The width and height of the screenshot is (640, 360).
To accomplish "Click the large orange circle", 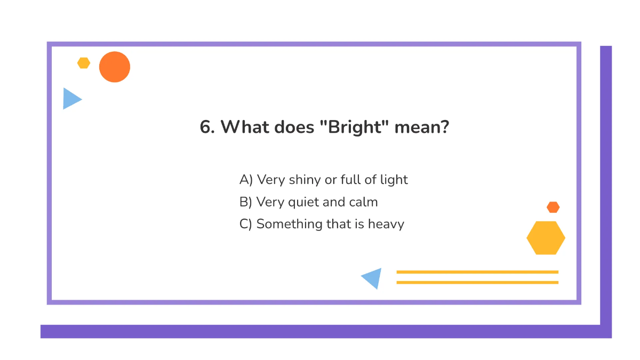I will (x=115, y=67).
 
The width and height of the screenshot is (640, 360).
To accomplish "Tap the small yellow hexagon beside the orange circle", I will (x=84, y=63).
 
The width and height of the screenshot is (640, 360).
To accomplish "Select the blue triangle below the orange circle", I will (x=70, y=99).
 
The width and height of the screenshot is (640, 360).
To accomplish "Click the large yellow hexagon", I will (x=546, y=238).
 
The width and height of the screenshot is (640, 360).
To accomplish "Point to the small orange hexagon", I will (x=553, y=207).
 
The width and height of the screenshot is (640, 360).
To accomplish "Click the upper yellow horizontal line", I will (x=477, y=272).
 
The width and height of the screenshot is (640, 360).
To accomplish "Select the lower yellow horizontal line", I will (x=477, y=282).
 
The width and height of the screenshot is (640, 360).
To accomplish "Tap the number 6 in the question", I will (x=205, y=128).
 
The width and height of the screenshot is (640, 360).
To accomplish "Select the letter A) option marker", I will (x=246, y=180).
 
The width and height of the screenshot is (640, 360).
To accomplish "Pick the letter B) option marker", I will (x=245, y=202).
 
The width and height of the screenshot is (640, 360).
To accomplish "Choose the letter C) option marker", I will (x=245, y=224).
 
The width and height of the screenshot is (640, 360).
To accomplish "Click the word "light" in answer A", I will (x=394, y=180).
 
